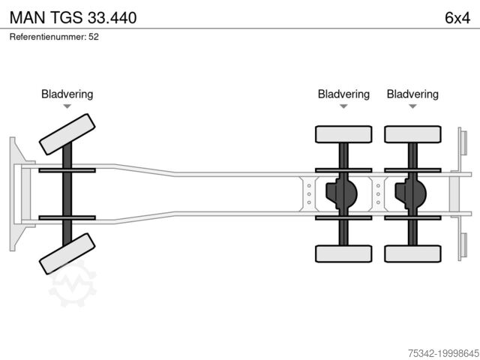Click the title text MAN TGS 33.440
pyautogui.click(x=73, y=17)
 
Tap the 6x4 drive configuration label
pyautogui.click(x=457, y=17)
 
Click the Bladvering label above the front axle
pyautogui.click(x=67, y=94)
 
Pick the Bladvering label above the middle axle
pyautogui.click(x=343, y=94)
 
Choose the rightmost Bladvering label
pyautogui.click(x=412, y=94)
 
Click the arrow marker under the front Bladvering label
pyautogui.click(x=67, y=106)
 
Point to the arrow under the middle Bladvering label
pyautogui.click(x=343, y=106)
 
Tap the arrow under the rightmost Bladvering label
pyautogui.click(x=412, y=106)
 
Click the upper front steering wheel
pyautogui.click(x=67, y=133)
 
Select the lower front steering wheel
pyautogui.click(x=67, y=253)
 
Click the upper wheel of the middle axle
pyautogui.click(x=343, y=134)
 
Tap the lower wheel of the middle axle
pyautogui.click(x=343, y=253)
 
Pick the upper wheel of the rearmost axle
pyautogui.click(x=412, y=134)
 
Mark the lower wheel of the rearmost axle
pyautogui.click(x=412, y=253)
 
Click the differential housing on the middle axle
pyautogui.click(x=341, y=193)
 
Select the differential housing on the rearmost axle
pyautogui.click(x=410, y=193)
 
